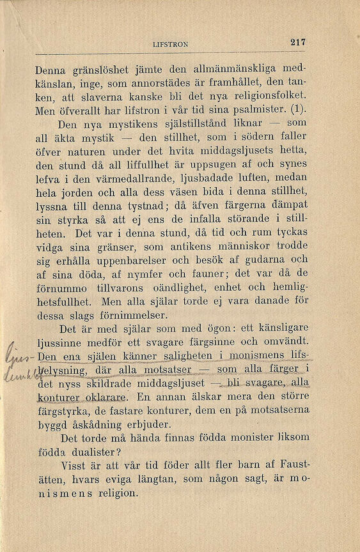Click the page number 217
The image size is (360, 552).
[298, 42]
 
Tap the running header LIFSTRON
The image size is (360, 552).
[171, 44]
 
